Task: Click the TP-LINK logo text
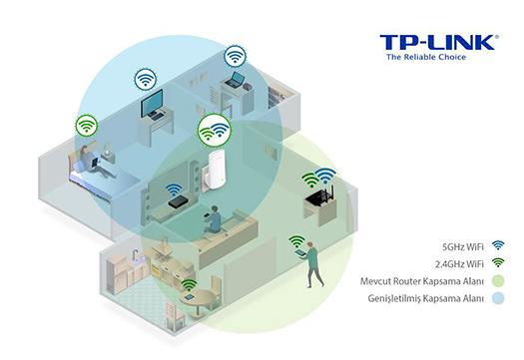pyautogui.click(x=436, y=43)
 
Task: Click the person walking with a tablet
pyautogui.click(x=313, y=261)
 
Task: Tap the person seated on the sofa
pyautogui.click(x=212, y=221)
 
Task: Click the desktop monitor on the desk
pyautogui.click(x=153, y=105)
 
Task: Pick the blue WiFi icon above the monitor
pyautogui.click(x=146, y=77)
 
